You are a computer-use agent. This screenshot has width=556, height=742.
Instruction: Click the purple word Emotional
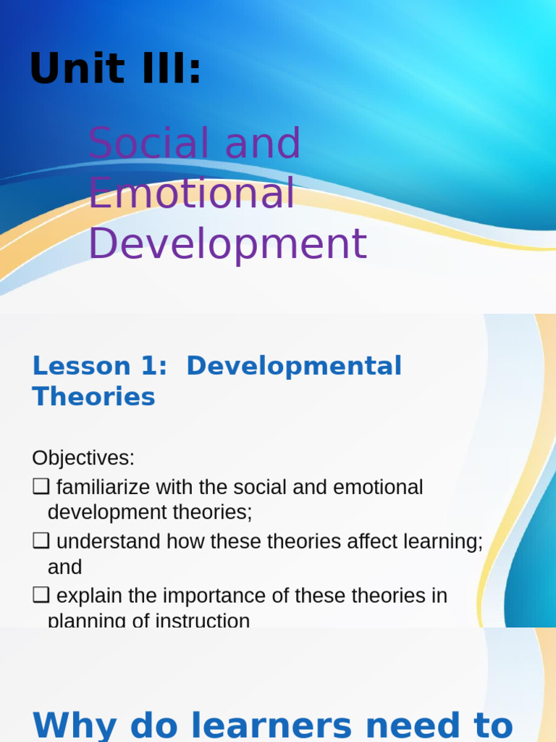pyautogui.click(x=192, y=193)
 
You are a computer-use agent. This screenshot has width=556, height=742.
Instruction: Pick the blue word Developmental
pyautogui.click(x=293, y=366)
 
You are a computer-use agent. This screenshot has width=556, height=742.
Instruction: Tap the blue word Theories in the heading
pyautogui.click(x=93, y=396)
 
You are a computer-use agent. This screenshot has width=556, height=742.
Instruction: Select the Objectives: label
pyautogui.click(x=83, y=458)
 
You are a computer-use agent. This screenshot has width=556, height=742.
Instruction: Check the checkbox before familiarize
pyautogui.click(x=41, y=487)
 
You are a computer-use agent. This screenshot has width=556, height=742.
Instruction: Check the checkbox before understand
pyautogui.click(x=41, y=541)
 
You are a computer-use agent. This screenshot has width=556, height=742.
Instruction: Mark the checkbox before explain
pyautogui.click(x=41, y=596)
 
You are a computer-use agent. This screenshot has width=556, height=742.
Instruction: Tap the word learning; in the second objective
pyautogui.click(x=439, y=541)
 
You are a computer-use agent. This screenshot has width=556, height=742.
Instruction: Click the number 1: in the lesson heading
pyautogui.click(x=153, y=366)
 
